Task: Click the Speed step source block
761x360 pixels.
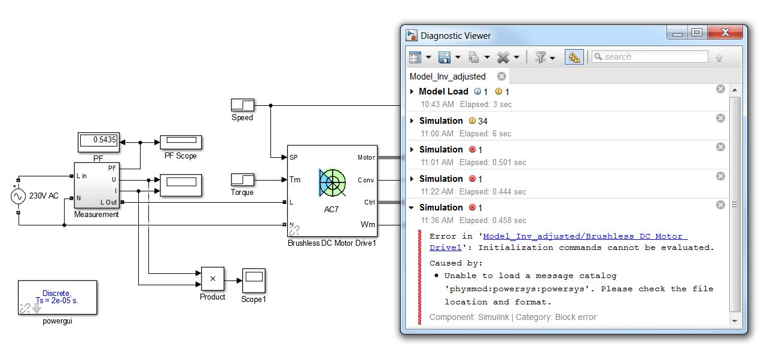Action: click(242, 105)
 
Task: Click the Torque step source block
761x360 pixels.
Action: click(242, 179)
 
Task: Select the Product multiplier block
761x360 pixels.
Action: click(212, 279)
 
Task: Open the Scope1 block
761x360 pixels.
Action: click(254, 280)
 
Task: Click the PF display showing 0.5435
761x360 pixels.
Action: click(99, 142)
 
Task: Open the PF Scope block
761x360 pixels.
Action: click(181, 142)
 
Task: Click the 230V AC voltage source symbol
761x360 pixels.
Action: click(18, 196)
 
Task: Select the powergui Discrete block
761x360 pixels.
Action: click(57, 298)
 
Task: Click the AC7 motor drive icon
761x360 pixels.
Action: click(332, 183)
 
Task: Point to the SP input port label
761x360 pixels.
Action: click(294, 157)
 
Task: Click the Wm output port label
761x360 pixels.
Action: click(368, 224)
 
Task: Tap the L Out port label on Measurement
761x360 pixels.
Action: click(109, 202)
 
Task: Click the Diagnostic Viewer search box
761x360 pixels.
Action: click(650, 57)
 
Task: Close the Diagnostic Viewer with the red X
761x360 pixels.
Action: click(725, 33)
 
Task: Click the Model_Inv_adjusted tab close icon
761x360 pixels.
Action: click(501, 77)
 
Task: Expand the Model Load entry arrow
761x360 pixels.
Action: click(412, 91)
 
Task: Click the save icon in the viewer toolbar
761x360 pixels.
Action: click(444, 57)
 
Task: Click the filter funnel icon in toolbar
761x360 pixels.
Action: click(540, 57)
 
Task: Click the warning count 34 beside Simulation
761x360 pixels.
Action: click(482, 121)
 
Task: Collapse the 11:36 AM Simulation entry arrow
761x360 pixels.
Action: click(412, 208)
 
